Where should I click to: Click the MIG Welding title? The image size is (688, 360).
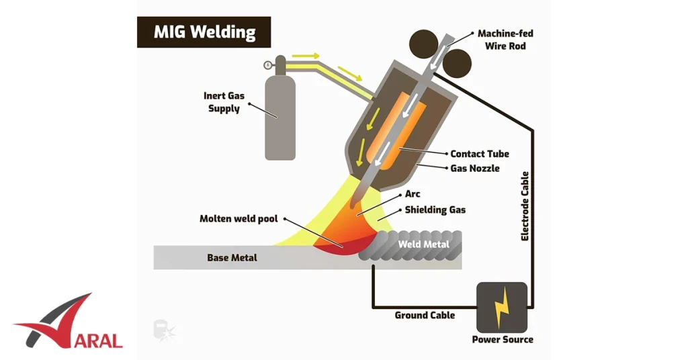(204, 32)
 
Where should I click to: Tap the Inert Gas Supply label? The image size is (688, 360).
(224, 102)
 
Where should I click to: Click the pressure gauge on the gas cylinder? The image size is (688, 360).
(268, 65)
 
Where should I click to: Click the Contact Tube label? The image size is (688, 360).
(480, 154)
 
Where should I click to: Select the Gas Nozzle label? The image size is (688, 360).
(474, 168)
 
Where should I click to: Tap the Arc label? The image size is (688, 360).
(413, 194)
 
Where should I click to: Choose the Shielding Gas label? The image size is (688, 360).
(435, 210)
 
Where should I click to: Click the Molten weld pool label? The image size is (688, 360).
(239, 219)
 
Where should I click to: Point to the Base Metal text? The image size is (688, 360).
(232, 257)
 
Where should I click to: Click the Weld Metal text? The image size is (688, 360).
(423, 244)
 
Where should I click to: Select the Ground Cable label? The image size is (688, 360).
(425, 315)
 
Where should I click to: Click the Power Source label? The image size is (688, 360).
(503, 339)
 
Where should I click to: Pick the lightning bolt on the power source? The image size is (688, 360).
(501, 308)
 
